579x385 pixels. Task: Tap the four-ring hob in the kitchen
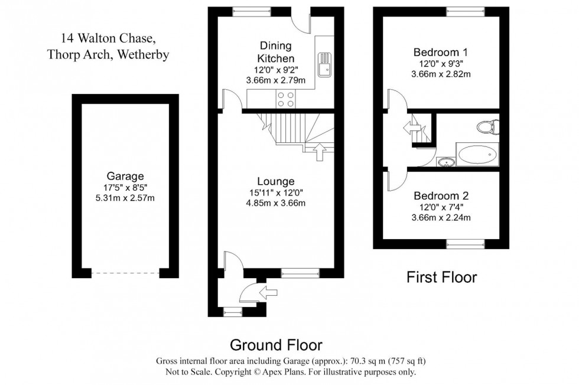(286, 99)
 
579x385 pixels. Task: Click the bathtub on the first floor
(477, 154)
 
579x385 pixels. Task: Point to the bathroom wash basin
(447, 162)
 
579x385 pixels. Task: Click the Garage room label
(125, 176)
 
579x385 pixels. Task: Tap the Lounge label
(276, 181)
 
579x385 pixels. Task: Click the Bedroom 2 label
(441, 195)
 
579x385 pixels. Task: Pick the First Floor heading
(442, 277)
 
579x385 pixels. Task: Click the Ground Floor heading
(276, 345)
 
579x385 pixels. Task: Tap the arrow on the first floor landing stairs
(412, 128)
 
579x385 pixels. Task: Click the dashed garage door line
(125, 273)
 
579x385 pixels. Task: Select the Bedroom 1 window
(466, 11)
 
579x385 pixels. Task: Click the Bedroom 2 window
(466, 244)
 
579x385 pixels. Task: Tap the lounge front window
(300, 273)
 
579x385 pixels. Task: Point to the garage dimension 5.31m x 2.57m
(125, 198)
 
